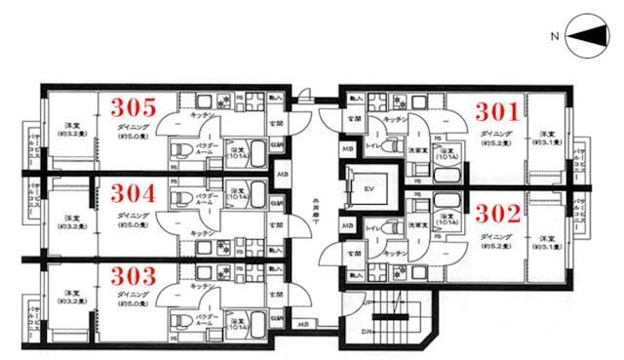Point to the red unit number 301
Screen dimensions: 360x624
pyautogui.click(x=495, y=111)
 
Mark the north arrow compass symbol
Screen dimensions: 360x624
pyautogui.click(x=582, y=36)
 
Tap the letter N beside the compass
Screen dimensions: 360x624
pyautogui.click(x=554, y=37)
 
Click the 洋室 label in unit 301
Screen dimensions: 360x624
pyautogui.click(x=546, y=134)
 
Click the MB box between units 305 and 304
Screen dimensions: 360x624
pyautogui.click(x=282, y=176)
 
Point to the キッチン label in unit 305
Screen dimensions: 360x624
pyautogui.click(x=202, y=115)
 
